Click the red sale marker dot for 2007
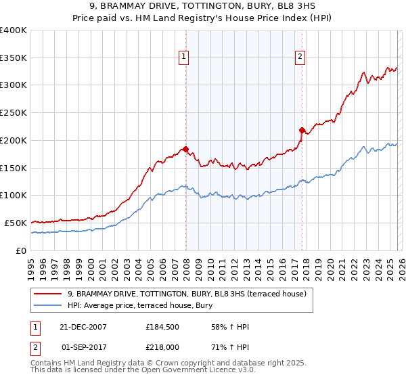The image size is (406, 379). click(x=185, y=148)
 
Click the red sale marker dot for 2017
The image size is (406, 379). click(x=301, y=129)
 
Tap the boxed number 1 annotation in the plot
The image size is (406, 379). click(x=183, y=58)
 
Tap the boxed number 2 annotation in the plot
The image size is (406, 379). click(x=299, y=58)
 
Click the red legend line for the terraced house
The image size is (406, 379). click(x=49, y=294)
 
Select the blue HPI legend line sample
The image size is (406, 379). click(x=49, y=305)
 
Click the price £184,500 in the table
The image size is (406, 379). click(x=161, y=327)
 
